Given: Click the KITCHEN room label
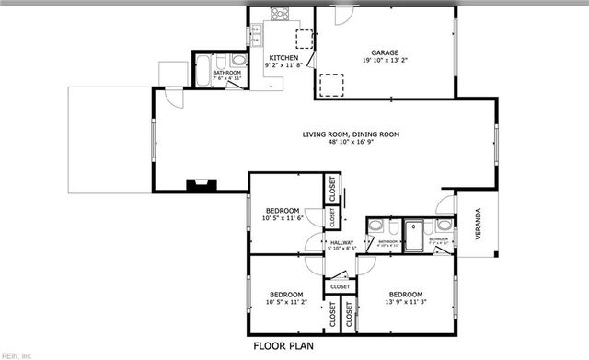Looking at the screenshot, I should click(x=283, y=57).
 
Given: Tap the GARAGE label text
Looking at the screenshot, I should click(x=384, y=52).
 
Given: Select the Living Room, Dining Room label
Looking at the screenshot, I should click(x=352, y=135).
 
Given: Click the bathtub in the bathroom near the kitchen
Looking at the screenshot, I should click(x=202, y=74).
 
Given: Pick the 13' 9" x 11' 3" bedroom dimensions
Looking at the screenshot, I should click(x=406, y=302).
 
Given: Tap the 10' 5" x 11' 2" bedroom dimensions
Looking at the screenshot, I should click(x=285, y=302).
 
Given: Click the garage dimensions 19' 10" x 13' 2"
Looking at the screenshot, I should click(x=384, y=62).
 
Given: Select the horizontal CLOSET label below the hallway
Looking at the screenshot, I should click(x=341, y=286).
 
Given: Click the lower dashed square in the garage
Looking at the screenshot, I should click(x=331, y=85).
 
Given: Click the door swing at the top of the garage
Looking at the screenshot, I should click(x=341, y=16).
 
